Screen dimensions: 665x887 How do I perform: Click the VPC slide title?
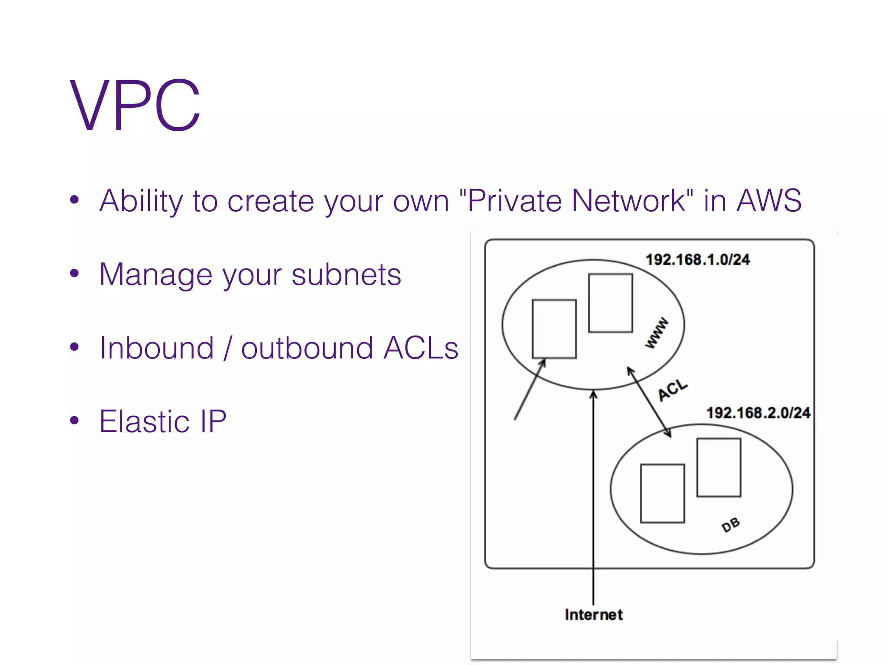pyautogui.click(x=135, y=105)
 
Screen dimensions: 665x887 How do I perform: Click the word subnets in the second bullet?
pyautogui.click(x=346, y=274)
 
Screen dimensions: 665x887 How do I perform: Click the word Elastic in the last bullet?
pyautogui.click(x=144, y=421)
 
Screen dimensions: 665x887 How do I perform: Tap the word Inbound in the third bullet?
pyautogui.click(x=156, y=348)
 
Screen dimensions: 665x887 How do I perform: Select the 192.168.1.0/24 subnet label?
pyautogui.click(x=698, y=260)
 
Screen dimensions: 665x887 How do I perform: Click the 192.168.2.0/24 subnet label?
pyautogui.click(x=758, y=413)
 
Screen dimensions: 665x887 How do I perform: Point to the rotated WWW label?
pyautogui.click(x=657, y=333)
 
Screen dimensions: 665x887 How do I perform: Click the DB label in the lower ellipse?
pyautogui.click(x=731, y=525)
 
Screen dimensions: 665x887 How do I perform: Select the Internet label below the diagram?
pyautogui.click(x=593, y=615)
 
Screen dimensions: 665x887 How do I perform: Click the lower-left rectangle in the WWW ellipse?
pyautogui.click(x=554, y=329)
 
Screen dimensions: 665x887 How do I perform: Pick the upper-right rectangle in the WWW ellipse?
pyautogui.click(x=610, y=303)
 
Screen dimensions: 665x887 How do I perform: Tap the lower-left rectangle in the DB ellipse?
pyautogui.click(x=662, y=494)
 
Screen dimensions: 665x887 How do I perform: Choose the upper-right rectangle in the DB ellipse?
pyautogui.click(x=719, y=468)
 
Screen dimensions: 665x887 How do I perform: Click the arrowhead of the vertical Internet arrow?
pyautogui.click(x=593, y=394)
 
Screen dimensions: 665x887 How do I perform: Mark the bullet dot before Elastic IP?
pyautogui.click(x=74, y=420)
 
